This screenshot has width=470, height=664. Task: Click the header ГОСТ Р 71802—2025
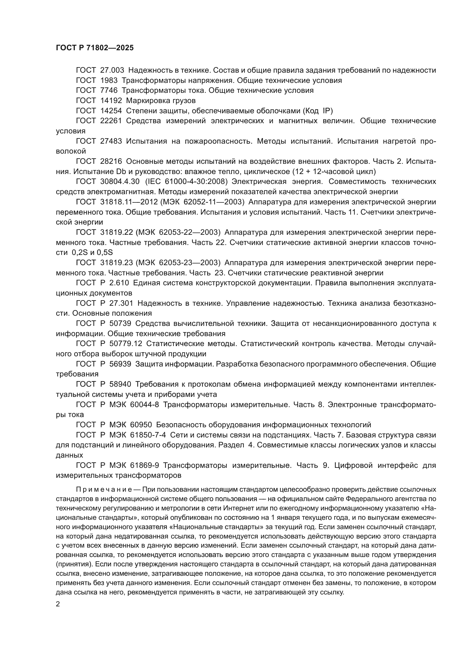point(95,48)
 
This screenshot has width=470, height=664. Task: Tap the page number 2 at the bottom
point(58,604)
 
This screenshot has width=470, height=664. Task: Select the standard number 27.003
point(112,70)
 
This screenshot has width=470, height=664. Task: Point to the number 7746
point(109,91)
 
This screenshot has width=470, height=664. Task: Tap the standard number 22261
point(111,121)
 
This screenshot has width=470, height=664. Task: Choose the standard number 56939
point(120,364)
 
